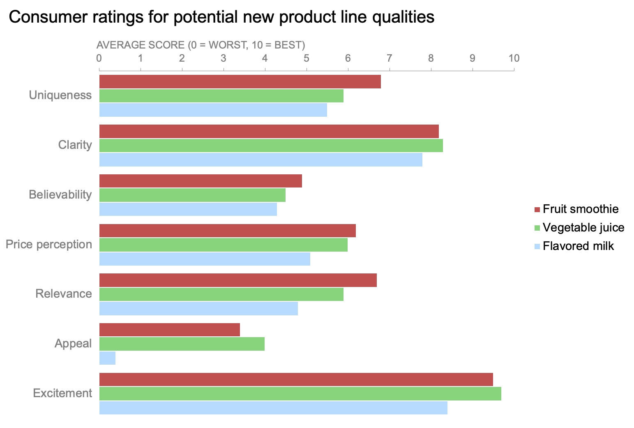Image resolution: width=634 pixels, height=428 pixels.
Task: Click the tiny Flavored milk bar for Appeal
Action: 107,358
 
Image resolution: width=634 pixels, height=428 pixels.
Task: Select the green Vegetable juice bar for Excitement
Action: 300,393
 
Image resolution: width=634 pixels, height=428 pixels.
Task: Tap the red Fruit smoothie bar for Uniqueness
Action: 240,82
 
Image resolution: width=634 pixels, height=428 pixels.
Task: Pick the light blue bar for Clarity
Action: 261,160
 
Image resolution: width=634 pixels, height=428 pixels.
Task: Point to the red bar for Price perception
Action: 227,231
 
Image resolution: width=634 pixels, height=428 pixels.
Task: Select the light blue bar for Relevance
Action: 198,308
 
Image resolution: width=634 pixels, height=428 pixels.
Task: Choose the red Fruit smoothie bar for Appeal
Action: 169,330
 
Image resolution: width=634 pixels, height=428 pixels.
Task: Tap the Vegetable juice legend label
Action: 583,227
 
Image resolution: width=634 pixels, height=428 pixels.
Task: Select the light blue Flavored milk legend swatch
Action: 537,246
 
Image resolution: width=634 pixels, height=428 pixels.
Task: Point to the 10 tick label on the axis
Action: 514,58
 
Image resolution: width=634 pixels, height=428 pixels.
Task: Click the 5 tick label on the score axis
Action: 306,58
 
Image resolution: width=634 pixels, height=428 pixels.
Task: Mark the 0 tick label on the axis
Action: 99,58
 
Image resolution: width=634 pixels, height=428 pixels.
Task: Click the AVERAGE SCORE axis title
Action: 201,45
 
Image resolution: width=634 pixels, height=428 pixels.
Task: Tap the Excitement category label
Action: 62,393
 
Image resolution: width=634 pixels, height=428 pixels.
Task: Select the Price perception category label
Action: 49,244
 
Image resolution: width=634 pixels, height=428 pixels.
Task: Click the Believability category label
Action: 60,194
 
